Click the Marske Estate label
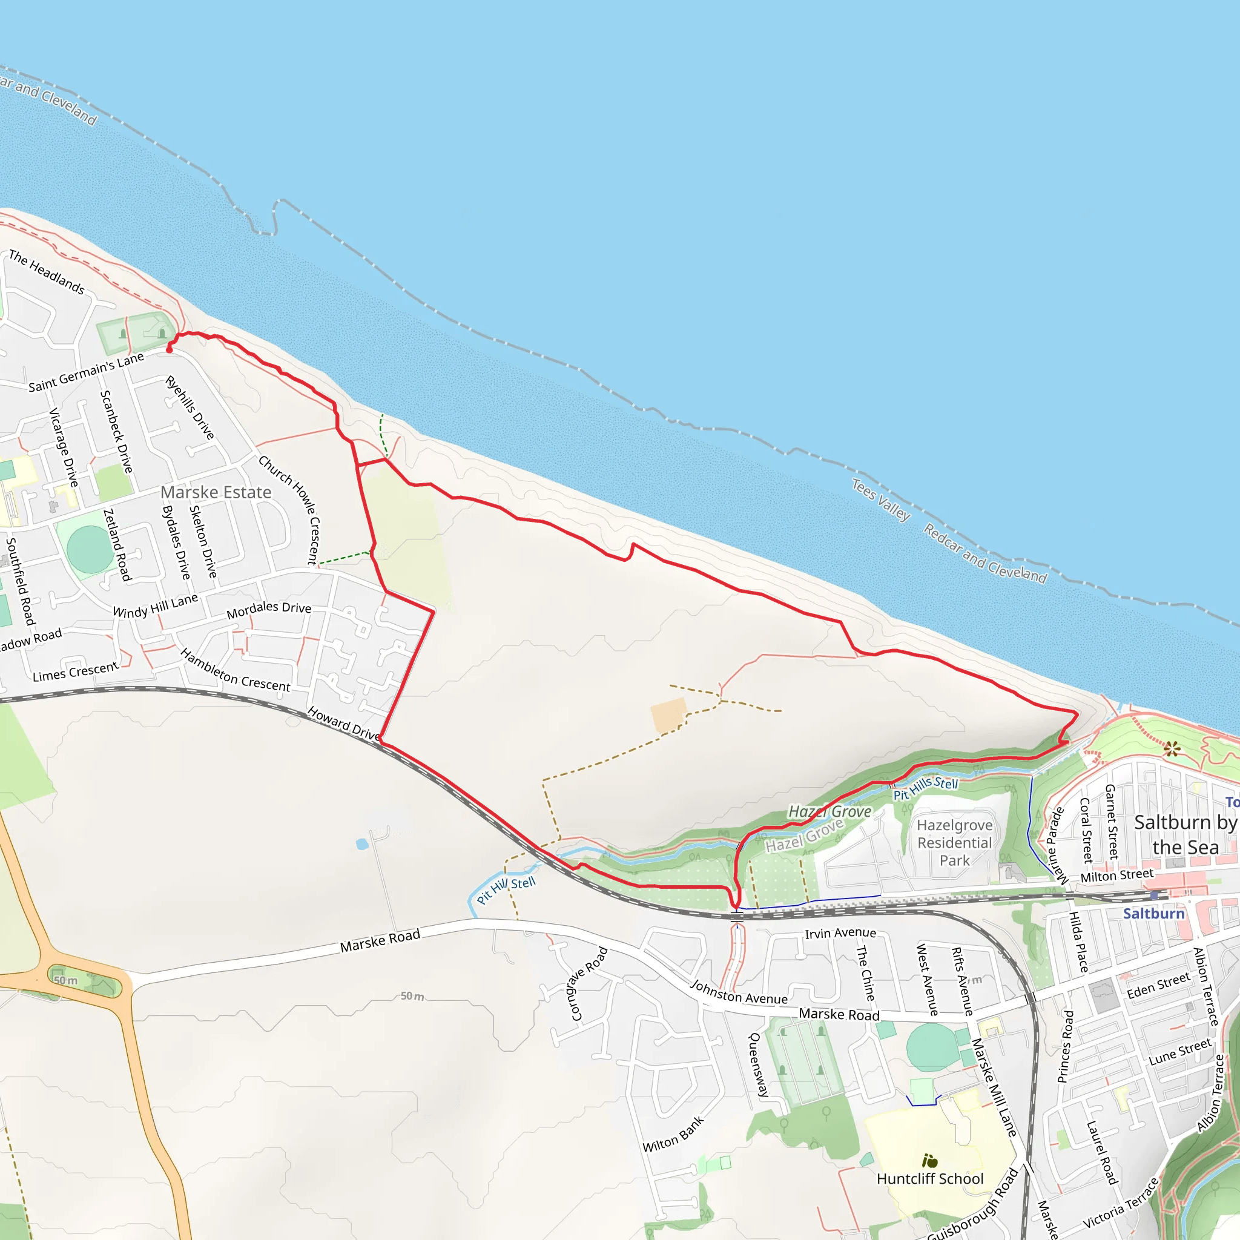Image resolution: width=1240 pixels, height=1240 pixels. point(216,492)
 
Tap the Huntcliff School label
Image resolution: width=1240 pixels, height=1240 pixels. point(929,1178)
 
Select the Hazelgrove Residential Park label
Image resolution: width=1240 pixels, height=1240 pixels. point(954,843)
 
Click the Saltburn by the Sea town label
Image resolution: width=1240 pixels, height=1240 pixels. point(1185,834)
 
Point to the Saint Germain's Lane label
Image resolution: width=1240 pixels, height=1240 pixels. point(86,373)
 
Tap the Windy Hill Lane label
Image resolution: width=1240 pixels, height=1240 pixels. point(156,606)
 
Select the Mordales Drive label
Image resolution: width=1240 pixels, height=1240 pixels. point(269,610)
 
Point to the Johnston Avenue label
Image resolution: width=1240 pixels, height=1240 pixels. point(739,992)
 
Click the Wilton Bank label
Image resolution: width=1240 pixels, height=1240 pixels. point(673,1135)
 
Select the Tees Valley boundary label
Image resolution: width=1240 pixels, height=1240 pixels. point(880,500)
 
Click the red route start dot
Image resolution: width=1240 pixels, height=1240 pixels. point(170,349)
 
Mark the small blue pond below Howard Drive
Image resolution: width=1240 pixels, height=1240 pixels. point(362,844)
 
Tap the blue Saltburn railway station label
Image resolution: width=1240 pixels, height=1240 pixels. point(1153,913)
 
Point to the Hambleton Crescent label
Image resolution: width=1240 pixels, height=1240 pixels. point(235,671)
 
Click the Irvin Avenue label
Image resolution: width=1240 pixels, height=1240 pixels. point(840,933)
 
